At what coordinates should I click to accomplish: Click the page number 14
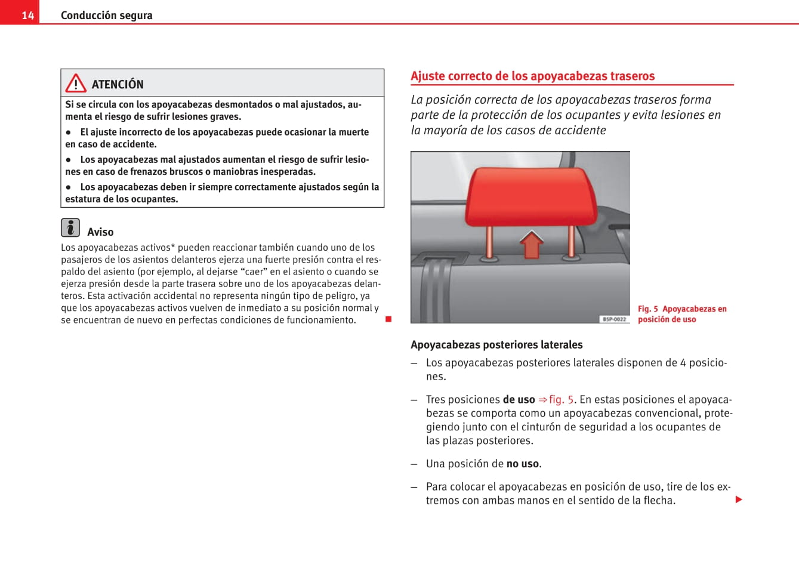click(x=28, y=16)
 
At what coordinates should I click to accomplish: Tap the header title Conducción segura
click(x=106, y=16)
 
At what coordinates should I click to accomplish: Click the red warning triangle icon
click(x=76, y=84)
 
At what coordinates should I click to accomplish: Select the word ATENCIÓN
click(x=118, y=85)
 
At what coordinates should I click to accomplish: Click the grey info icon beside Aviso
click(x=70, y=228)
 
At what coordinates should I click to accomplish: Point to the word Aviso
click(x=100, y=232)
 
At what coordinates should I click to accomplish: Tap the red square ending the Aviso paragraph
click(x=388, y=319)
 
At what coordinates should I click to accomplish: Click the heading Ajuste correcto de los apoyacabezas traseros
click(x=532, y=76)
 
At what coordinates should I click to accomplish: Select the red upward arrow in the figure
click(x=531, y=244)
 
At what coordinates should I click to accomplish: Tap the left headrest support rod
click(x=490, y=242)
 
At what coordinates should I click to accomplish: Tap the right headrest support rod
click(x=571, y=241)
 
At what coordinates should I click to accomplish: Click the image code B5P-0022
click(x=614, y=319)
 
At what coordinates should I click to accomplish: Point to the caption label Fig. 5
click(x=647, y=309)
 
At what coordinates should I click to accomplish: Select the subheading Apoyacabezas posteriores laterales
click(x=496, y=345)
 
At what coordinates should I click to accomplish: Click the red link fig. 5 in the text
click(x=561, y=400)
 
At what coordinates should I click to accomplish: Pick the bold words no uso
click(x=523, y=464)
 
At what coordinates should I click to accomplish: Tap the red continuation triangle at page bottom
click(x=739, y=500)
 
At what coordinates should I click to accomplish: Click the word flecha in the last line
click(x=658, y=501)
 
